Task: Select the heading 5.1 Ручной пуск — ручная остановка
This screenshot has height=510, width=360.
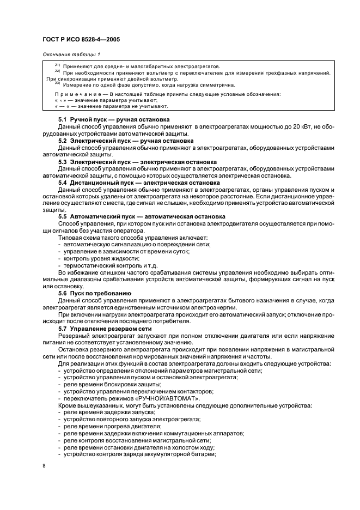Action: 113,119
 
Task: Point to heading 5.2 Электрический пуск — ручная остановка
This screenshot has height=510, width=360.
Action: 125,141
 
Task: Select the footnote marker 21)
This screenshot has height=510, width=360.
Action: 57,65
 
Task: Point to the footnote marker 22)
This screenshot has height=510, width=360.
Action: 57,71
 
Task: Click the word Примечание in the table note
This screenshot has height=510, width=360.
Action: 70,94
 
